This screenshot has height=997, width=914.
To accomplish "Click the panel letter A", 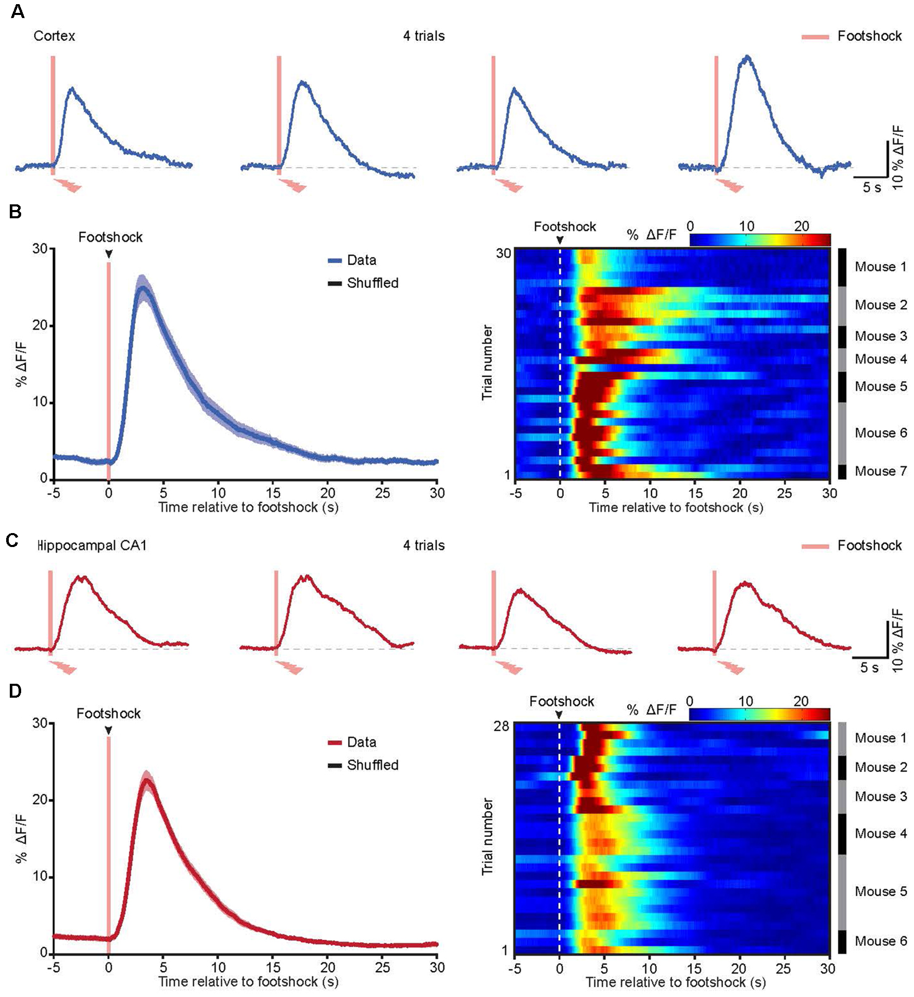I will (x=18, y=11).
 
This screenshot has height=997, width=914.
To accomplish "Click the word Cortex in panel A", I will (x=54, y=36).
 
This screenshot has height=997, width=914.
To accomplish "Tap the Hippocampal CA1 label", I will (x=92, y=545).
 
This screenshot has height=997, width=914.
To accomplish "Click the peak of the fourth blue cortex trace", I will (x=747, y=57).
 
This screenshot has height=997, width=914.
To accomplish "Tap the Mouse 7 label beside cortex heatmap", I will (x=880, y=471).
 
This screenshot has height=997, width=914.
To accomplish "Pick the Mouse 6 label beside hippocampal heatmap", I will (x=880, y=941).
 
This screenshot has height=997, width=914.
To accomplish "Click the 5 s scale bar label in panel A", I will (x=872, y=187).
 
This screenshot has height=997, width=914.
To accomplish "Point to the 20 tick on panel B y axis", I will (x=40, y=326).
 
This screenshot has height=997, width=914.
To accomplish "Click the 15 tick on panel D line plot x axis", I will (x=273, y=967).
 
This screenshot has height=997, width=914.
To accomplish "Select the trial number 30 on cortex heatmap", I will (x=503, y=253).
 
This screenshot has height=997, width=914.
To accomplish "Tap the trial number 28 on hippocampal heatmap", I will (x=501, y=727).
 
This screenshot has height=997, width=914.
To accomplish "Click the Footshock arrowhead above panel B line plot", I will (x=109, y=253).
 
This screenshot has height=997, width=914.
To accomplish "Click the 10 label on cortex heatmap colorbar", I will (x=746, y=226).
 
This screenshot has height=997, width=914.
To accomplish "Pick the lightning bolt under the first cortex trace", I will (x=68, y=185).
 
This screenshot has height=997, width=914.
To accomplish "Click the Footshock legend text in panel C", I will (x=869, y=545).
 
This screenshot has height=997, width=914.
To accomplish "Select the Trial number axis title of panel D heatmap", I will (x=487, y=836).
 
